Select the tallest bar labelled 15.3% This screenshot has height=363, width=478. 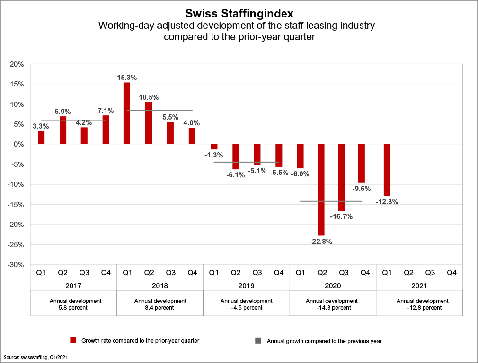tap(127, 113)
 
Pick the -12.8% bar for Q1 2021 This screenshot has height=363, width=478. tap(387, 170)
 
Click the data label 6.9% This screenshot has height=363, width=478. tap(62, 112)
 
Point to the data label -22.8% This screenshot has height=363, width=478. tap(321, 242)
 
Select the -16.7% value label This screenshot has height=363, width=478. tap(342, 216)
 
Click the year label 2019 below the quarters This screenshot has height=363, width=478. tap(247, 286)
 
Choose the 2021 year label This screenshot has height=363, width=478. tap(419, 286)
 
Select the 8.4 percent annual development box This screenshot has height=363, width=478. tap(160, 304)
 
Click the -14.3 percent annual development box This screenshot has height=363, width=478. tap(333, 304)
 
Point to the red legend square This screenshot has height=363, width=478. tap(73, 340)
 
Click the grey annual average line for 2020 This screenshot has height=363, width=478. tap(331, 201)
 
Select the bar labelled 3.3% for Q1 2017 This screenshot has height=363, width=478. tap(41, 138)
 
